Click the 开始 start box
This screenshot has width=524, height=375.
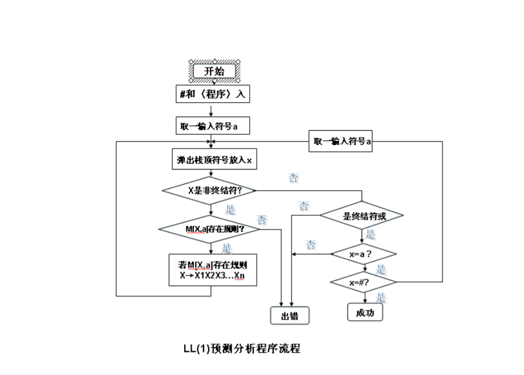(x=214, y=71)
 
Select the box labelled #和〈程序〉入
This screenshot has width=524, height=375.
(x=212, y=94)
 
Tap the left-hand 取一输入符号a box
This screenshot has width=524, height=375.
(x=212, y=126)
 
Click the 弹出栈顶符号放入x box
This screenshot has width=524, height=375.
(x=213, y=160)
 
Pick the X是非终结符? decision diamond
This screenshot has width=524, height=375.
(x=209, y=190)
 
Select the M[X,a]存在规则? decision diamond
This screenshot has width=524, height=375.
(x=209, y=229)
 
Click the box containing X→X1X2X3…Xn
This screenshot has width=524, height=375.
(x=212, y=271)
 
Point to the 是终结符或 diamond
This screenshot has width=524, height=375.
(x=362, y=216)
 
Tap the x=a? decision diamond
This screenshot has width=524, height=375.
(x=363, y=253)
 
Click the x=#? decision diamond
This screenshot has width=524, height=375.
(x=363, y=282)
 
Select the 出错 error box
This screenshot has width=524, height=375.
(x=289, y=316)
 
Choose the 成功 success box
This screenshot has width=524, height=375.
(x=365, y=312)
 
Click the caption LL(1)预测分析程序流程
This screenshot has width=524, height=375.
(x=241, y=348)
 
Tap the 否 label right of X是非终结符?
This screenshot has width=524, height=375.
(x=294, y=179)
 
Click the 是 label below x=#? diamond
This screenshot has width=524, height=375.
(x=381, y=297)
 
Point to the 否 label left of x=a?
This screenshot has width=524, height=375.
(x=311, y=245)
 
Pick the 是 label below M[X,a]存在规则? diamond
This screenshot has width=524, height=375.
(x=226, y=248)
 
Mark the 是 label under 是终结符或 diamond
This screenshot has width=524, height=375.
(x=371, y=234)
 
